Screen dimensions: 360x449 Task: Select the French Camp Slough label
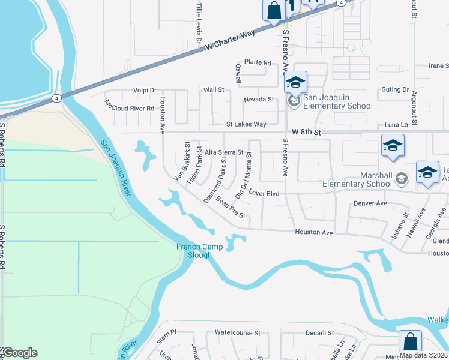pos(194,251)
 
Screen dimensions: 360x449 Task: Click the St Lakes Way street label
pos(246,125)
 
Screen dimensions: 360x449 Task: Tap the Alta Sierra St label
pos(224,153)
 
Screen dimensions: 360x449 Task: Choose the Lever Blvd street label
pos(265,193)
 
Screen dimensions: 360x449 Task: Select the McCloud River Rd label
pos(130,106)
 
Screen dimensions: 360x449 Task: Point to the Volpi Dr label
pos(145,90)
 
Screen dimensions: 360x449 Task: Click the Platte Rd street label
pos(258,62)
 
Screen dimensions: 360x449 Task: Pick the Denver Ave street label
pos(370,203)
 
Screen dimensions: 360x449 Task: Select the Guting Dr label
pos(395,89)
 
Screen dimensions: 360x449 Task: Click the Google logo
pos(20,353)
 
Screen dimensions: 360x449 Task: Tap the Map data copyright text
pos(423,355)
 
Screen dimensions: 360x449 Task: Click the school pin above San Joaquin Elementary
pos(295,83)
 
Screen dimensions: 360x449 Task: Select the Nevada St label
pos(259,99)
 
